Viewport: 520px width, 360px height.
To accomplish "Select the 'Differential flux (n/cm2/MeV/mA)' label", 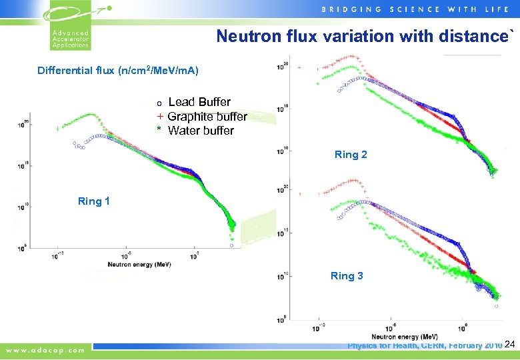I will click(x=118, y=71).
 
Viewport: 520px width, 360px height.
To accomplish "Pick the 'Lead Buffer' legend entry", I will click(x=199, y=102).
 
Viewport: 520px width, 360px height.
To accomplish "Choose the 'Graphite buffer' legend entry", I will click(x=207, y=117).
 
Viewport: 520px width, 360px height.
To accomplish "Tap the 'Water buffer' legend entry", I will click(x=201, y=131).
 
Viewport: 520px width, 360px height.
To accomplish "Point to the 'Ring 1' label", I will click(x=94, y=201).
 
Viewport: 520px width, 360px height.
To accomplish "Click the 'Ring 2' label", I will click(x=351, y=155).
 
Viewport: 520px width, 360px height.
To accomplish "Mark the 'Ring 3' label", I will click(x=347, y=275).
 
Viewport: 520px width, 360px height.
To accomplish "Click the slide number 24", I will click(x=511, y=345).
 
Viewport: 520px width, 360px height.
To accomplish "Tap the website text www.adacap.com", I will click(x=46, y=349).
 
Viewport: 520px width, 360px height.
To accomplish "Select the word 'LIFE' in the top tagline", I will click(x=501, y=9).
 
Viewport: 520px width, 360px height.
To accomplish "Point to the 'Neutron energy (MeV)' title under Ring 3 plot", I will click(x=400, y=337).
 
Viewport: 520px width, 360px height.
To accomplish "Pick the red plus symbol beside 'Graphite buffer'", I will click(x=160, y=117).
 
